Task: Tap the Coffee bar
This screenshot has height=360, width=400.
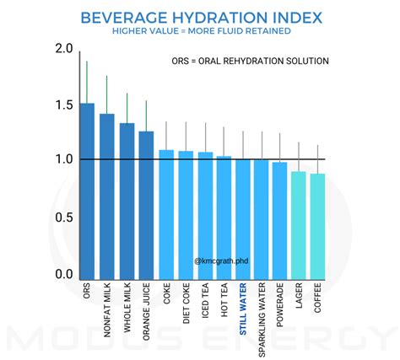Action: (x=317, y=227)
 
